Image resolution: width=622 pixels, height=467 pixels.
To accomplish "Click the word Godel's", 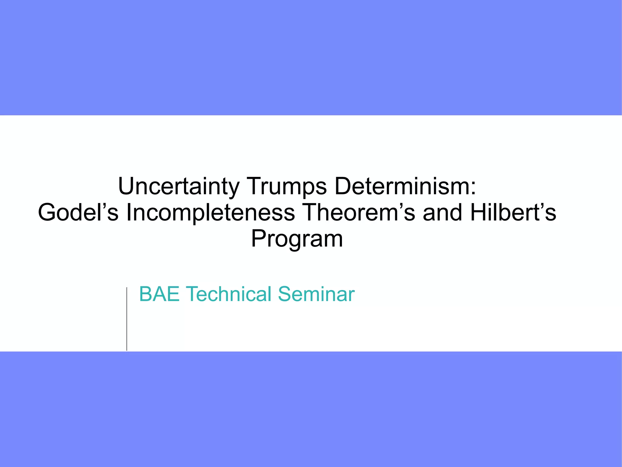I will click(x=78, y=212).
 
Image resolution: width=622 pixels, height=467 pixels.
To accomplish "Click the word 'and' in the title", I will click(x=443, y=212).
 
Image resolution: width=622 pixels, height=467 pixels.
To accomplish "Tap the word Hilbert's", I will click(x=513, y=212).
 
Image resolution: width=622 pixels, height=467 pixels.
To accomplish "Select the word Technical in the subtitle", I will click(x=228, y=294).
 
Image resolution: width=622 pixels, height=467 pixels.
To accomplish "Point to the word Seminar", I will click(x=316, y=294).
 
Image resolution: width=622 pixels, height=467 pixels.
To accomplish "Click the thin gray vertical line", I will click(x=127, y=319).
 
